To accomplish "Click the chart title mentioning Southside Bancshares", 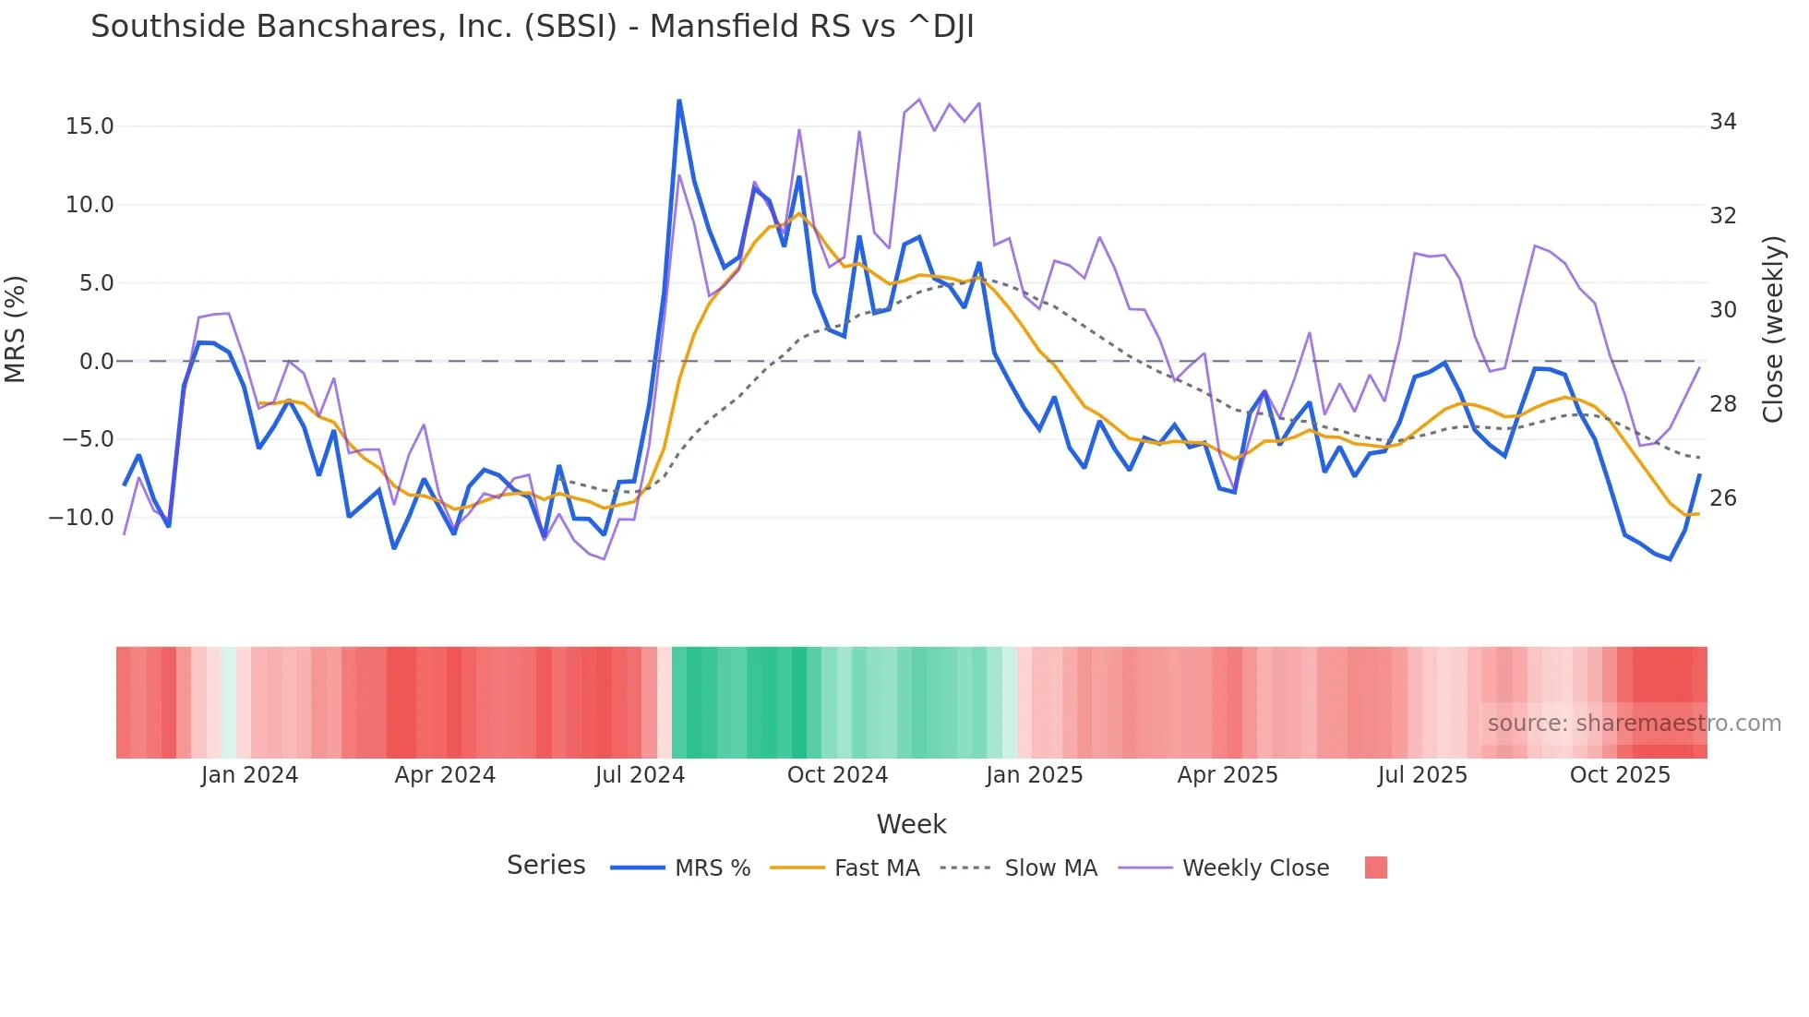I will click(532, 27).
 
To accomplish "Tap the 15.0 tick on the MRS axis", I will click(90, 126).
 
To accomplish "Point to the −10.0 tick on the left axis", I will click(81, 518).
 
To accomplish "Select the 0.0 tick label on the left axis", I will click(96, 362).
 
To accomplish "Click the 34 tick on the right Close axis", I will click(1722, 122).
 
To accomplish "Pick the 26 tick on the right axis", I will click(1722, 498).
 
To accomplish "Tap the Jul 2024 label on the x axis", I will click(640, 775).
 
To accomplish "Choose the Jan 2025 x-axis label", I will click(1034, 775).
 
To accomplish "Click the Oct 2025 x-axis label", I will click(1620, 775).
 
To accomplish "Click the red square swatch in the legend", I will click(1375, 867).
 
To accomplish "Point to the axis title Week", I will click(911, 824).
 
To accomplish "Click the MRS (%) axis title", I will click(16, 329).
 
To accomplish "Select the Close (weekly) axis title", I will click(1772, 329).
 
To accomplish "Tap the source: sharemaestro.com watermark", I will click(1634, 724).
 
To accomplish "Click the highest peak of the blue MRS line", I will click(679, 101).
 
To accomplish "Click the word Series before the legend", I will click(545, 866).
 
